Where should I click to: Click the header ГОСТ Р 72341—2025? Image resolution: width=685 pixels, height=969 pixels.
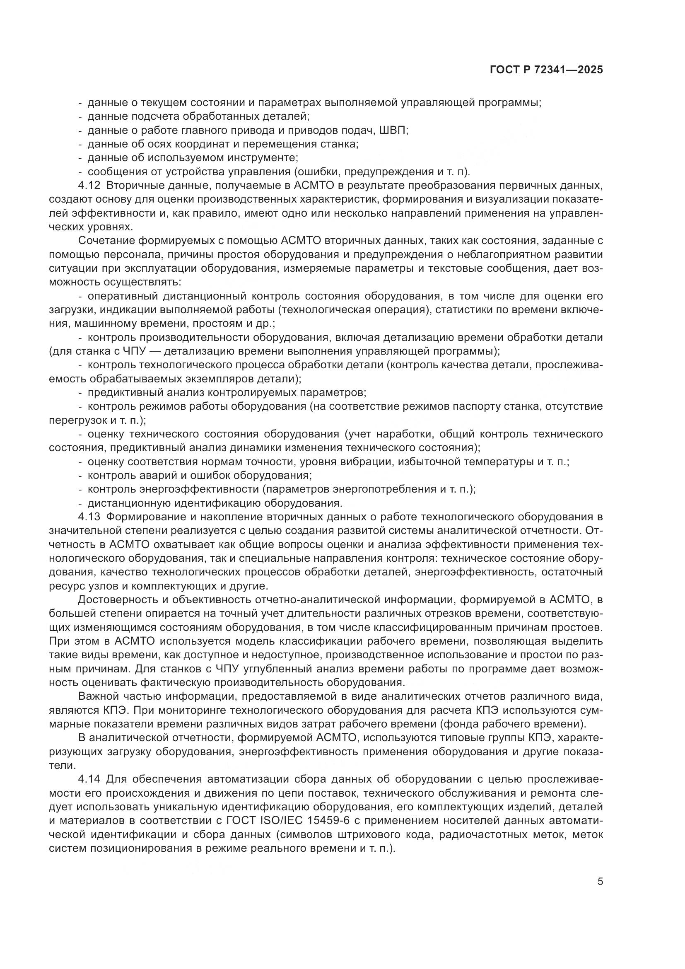(546, 70)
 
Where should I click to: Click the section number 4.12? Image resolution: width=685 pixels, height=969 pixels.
(88, 186)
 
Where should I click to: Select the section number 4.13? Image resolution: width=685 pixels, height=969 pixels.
(88, 517)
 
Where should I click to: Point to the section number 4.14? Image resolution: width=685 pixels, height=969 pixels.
(88, 779)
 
